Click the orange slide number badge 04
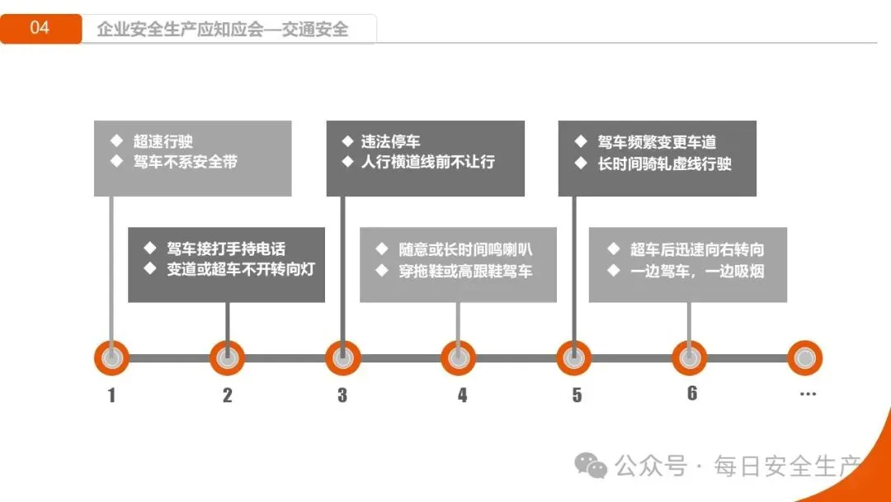tap(40, 28)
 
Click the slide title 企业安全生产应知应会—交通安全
tap(223, 30)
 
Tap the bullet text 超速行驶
tap(163, 141)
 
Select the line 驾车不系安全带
tap(186, 162)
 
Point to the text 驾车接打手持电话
tap(226, 249)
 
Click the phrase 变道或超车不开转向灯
tap(241, 269)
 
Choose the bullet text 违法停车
tap(391, 141)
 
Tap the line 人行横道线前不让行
tap(428, 162)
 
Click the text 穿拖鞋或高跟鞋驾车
tap(466, 270)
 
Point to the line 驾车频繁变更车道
tap(657, 142)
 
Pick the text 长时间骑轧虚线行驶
tap(665, 163)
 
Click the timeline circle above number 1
tap(111, 358)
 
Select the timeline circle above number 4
tap(458, 358)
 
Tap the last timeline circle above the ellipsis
tap(804, 358)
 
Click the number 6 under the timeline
tap(692, 393)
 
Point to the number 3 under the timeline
tap(342, 395)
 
